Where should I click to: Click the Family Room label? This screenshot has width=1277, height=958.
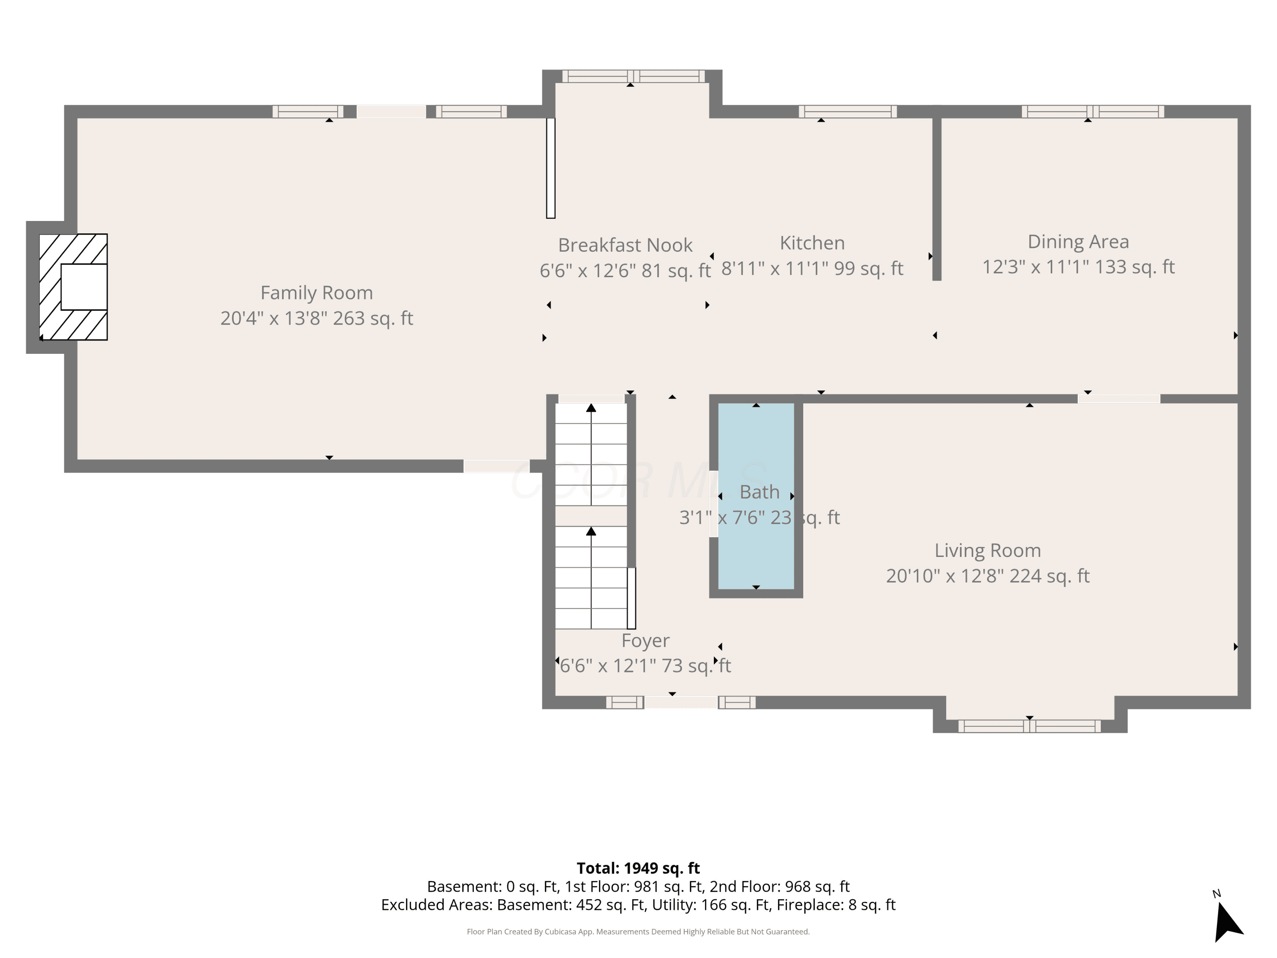(316, 293)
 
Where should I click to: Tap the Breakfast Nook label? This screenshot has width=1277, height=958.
(625, 245)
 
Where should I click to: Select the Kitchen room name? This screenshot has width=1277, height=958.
(812, 243)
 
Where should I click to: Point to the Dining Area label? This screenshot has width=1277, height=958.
(1078, 242)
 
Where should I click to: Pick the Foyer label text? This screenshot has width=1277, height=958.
(645, 641)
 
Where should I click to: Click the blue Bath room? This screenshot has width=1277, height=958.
(756, 496)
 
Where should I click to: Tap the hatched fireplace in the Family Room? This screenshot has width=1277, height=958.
(73, 287)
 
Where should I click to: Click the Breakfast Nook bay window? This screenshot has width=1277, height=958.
(633, 76)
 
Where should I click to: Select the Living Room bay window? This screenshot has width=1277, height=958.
(1029, 726)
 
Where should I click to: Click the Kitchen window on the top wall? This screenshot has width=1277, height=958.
(848, 112)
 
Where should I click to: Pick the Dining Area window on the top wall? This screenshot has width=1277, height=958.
(1093, 112)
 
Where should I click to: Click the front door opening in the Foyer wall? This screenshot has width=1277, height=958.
(681, 702)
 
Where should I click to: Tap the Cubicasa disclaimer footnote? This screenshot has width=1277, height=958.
(638, 932)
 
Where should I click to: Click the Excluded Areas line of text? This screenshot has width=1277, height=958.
(638, 905)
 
